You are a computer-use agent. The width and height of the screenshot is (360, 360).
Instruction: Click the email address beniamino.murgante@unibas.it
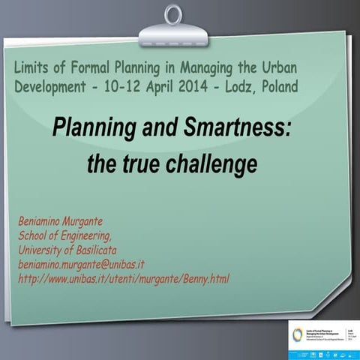(81, 264)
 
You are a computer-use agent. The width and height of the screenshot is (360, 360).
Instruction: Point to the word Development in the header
(54, 87)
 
